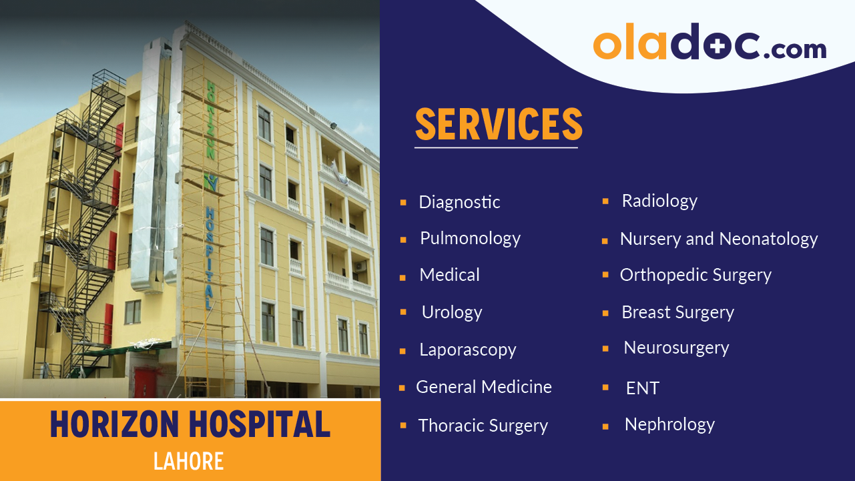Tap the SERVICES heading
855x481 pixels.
point(498,123)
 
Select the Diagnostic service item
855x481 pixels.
point(459,202)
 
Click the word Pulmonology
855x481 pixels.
point(470,238)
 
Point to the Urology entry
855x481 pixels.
point(451,312)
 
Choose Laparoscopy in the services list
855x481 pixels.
point(467,350)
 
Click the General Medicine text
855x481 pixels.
point(483,387)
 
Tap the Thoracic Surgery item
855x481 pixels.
point(483,426)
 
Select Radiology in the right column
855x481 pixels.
point(659,201)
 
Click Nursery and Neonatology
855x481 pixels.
point(718,239)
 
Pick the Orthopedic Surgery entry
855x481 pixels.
point(695,275)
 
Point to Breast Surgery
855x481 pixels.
point(677,312)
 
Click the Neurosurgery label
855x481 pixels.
point(676,348)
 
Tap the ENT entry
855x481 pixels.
point(642,388)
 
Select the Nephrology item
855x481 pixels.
point(669,424)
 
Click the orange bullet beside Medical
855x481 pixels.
point(403,276)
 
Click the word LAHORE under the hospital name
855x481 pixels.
point(188,461)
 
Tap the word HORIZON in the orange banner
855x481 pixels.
point(115,424)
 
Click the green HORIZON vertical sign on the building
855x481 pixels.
point(210,120)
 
